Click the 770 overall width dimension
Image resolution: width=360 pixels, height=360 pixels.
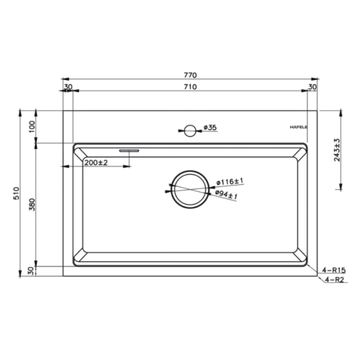tap(190, 75)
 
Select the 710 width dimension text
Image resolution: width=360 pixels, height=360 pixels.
tap(190, 86)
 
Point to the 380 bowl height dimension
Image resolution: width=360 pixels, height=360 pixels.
tap(32, 204)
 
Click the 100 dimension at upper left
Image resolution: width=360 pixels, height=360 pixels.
tap(32, 127)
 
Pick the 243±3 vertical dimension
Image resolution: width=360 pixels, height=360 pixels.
tap(337, 150)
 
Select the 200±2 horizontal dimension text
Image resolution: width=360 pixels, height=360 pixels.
tap(96, 163)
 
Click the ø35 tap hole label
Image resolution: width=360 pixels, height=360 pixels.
tap(210, 127)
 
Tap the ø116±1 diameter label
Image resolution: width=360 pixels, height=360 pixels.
tap(230, 181)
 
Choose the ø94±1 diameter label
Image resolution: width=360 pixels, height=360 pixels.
tap(226, 194)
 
